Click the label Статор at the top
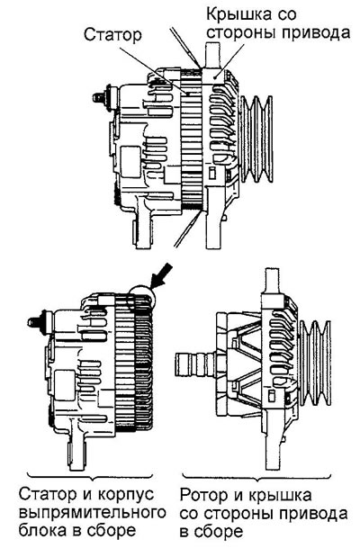112,35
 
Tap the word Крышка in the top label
238,15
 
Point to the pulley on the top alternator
256,139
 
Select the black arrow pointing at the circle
161,275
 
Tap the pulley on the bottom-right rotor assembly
315,363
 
